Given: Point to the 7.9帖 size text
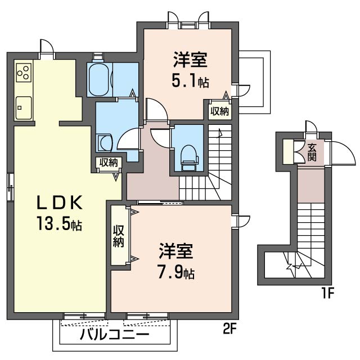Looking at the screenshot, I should tap(175, 274).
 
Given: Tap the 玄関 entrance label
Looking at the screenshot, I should tap(311, 151).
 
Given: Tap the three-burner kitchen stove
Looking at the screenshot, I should tap(24, 71).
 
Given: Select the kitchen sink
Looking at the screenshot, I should tap(24, 106).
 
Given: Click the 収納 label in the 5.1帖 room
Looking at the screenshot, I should tap(220, 111).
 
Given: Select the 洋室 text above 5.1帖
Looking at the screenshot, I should tap(190, 58).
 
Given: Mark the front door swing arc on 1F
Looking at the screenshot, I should tap(339, 152).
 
